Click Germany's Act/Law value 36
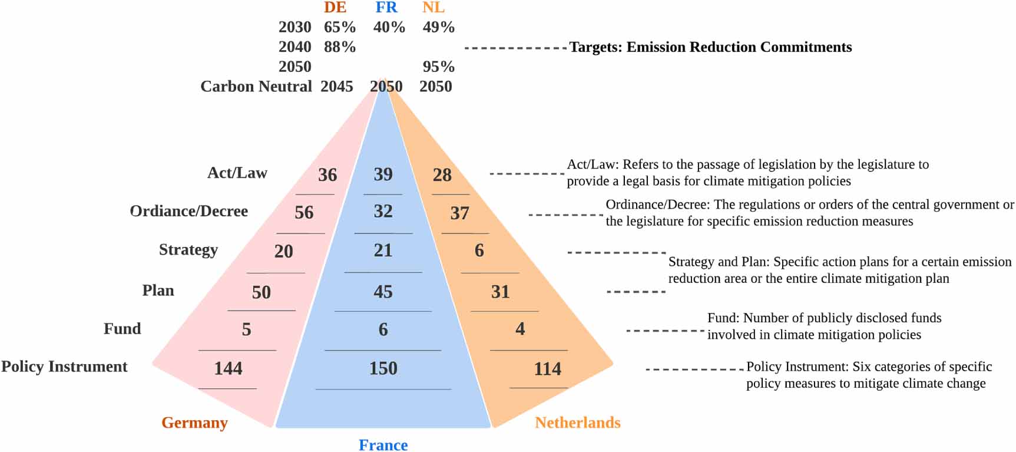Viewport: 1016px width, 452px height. click(327, 175)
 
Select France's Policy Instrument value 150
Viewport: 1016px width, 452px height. click(383, 368)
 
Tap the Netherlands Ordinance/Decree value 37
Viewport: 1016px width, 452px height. click(459, 213)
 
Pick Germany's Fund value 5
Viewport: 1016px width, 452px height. click(246, 329)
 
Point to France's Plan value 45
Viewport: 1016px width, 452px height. click(383, 292)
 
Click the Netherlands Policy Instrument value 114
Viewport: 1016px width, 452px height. click(547, 369)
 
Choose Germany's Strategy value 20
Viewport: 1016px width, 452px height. click(283, 252)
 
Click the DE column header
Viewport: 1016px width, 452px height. click(335, 8)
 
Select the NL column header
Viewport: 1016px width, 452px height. click(433, 8)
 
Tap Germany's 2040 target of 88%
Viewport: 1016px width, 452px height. click(340, 47)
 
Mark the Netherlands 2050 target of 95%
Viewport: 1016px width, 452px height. click(438, 67)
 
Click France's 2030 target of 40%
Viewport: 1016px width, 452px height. click(389, 27)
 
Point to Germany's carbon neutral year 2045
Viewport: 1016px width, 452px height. click(336, 87)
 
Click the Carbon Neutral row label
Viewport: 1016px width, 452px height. click(256, 87)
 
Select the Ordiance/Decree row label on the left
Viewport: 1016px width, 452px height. click(188, 211)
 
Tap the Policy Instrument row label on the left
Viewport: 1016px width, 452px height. click(64, 367)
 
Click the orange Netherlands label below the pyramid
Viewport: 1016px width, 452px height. click(577, 423)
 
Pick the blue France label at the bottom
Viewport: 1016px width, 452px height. click(383, 445)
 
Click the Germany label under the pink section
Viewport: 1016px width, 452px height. click(194, 423)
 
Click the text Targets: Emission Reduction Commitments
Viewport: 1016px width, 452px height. click(710, 47)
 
